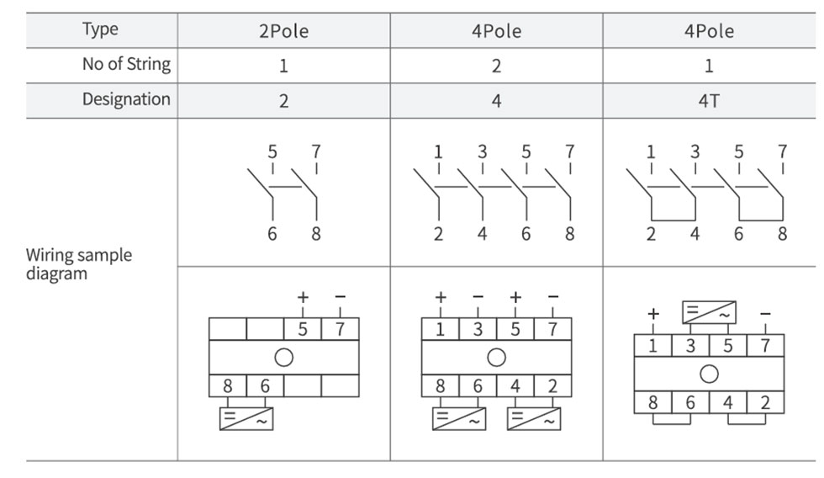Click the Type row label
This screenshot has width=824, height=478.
click(x=100, y=29)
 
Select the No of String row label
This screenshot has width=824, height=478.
click(x=126, y=64)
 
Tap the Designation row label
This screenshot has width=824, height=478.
click(x=126, y=98)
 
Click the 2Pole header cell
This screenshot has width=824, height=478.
click(x=284, y=31)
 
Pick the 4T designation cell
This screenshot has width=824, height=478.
click(x=708, y=100)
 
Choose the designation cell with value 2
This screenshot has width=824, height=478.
click(x=284, y=100)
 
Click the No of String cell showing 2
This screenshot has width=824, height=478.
click(x=496, y=66)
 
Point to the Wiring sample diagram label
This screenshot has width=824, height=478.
click(x=79, y=264)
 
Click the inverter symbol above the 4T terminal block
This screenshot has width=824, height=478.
click(x=709, y=312)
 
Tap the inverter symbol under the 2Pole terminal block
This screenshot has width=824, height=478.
click(x=246, y=419)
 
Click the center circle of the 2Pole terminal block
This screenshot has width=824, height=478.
click(x=284, y=358)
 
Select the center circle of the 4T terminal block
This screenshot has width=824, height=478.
click(x=709, y=374)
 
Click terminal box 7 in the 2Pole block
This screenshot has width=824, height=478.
click(x=340, y=329)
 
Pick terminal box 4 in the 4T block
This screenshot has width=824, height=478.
click(x=728, y=402)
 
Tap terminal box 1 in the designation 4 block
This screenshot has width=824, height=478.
click(x=440, y=329)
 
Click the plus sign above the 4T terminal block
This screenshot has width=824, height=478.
click(x=653, y=314)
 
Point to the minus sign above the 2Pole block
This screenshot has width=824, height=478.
click(x=340, y=297)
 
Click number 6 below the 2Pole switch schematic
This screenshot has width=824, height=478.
click(x=272, y=233)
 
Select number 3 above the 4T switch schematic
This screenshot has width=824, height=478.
click(x=695, y=152)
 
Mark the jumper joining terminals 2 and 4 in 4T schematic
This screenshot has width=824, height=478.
click(x=673, y=220)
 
